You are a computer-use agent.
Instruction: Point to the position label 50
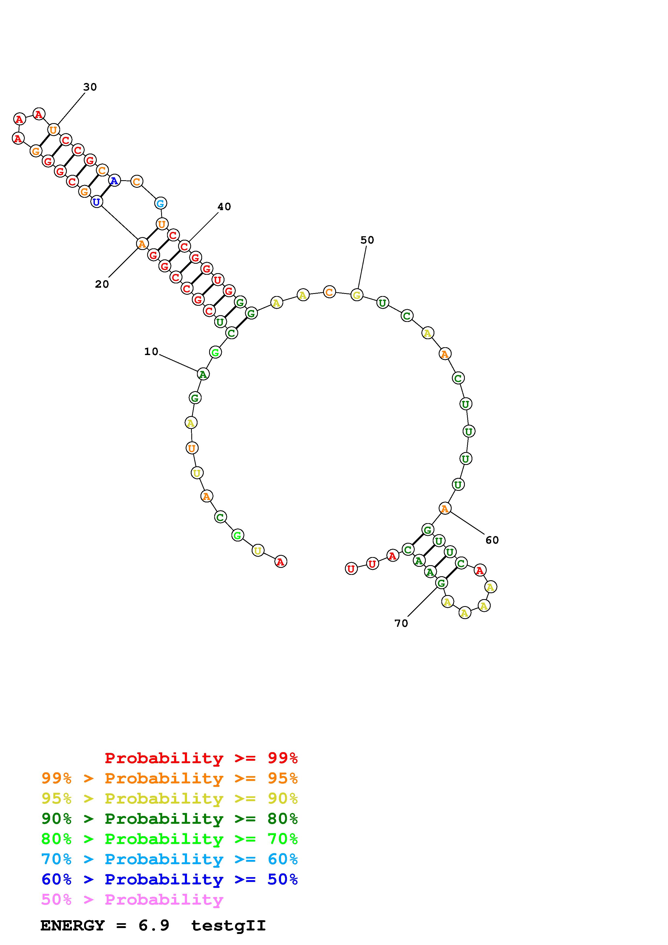[367, 240]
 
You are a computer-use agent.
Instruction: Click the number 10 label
[151, 352]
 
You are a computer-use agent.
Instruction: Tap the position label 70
[401, 624]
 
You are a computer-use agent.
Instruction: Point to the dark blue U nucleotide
[96, 202]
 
